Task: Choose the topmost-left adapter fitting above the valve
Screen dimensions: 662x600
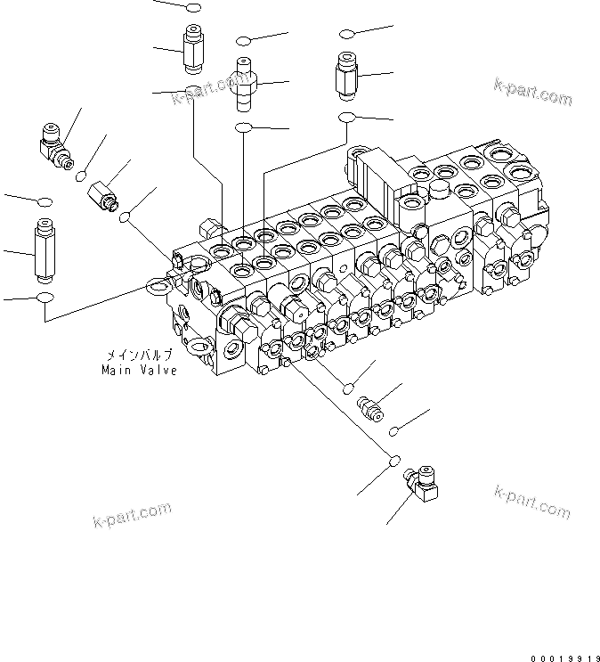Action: coord(193,49)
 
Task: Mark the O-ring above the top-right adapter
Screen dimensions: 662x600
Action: coord(347,34)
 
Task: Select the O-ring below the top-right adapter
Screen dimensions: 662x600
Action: coord(347,116)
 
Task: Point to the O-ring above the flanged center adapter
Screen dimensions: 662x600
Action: coord(244,41)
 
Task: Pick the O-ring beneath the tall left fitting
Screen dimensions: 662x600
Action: coord(45,297)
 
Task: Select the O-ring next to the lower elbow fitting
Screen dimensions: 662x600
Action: coord(393,462)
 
